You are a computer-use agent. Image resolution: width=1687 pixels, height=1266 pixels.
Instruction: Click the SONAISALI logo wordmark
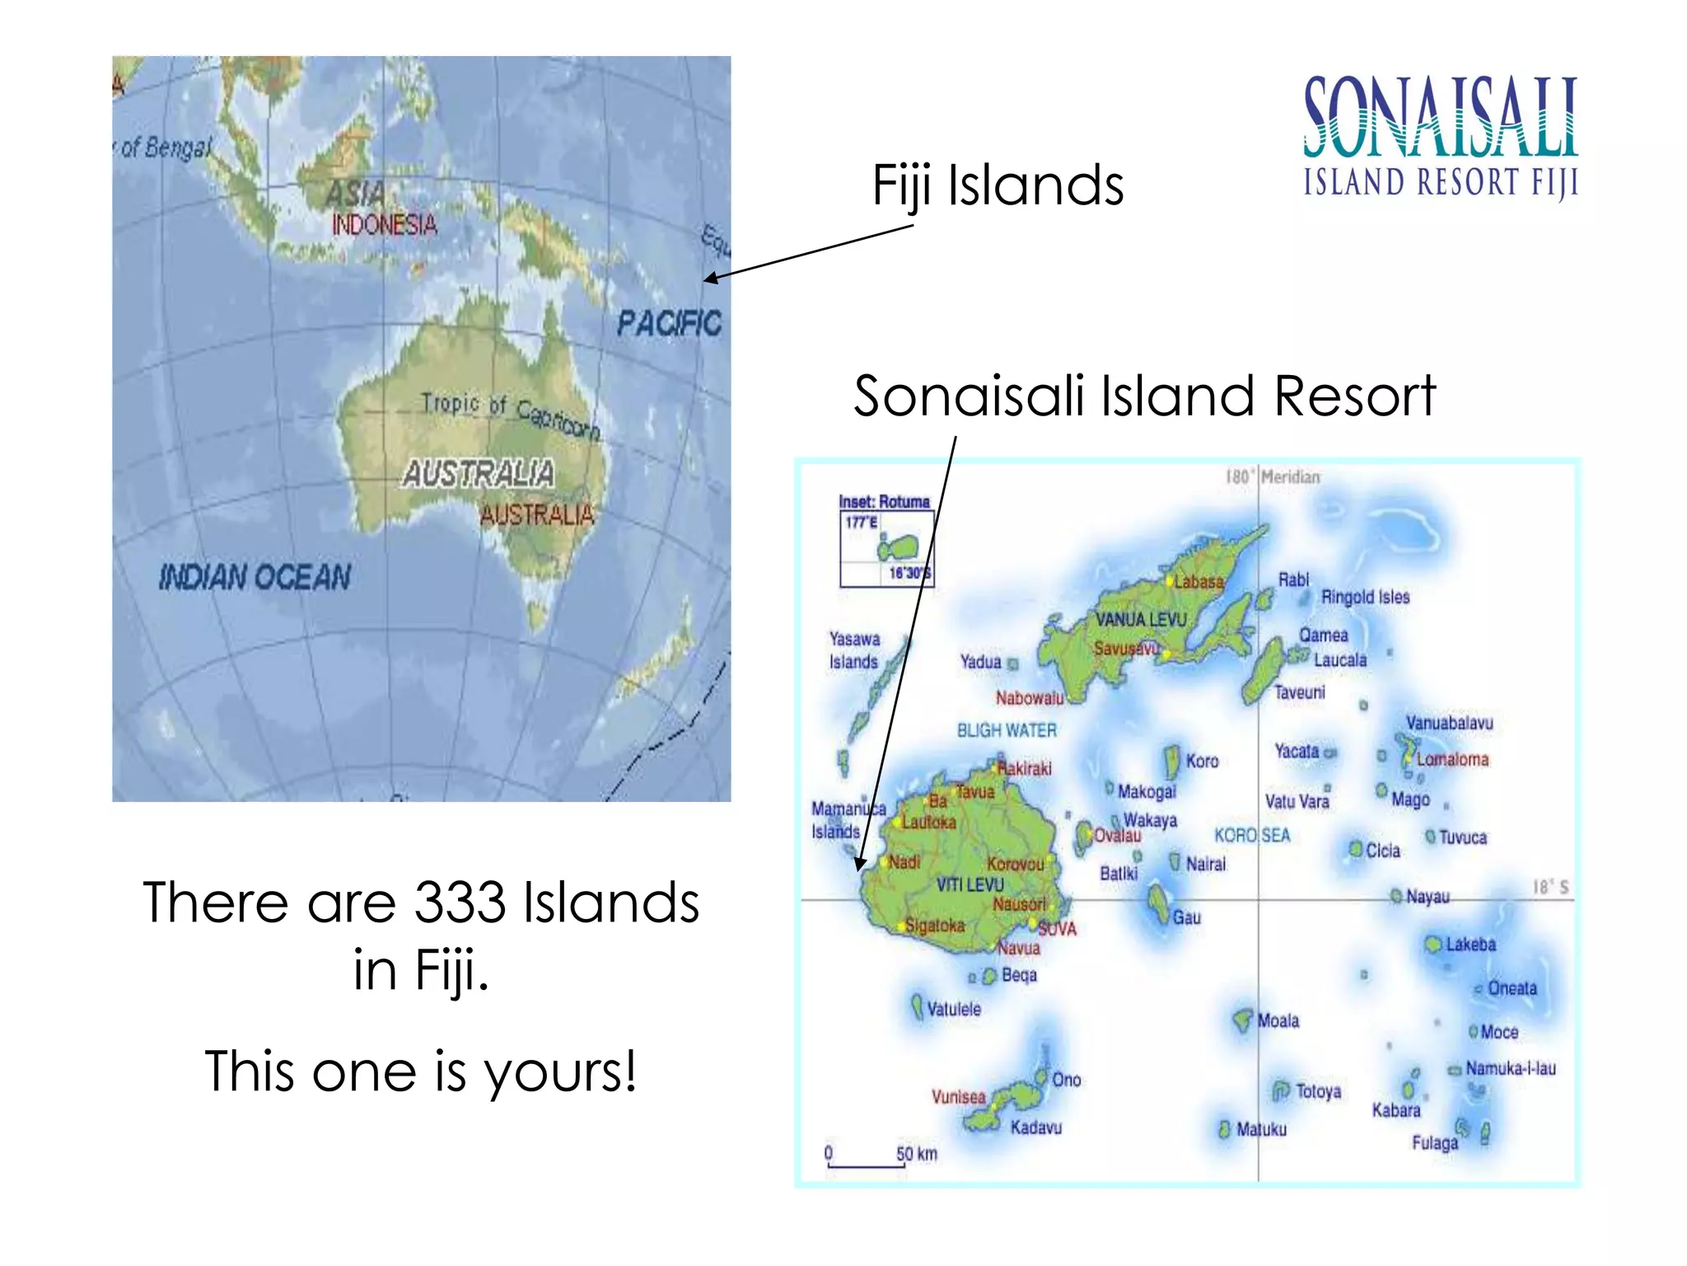[x=1440, y=117]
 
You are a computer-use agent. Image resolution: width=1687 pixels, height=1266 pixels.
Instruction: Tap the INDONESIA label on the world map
[x=384, y=224]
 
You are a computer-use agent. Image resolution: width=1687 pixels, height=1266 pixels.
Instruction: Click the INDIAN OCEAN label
[x=255, y=577]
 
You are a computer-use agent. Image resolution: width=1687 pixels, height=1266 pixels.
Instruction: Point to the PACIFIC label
[x=669, y=322]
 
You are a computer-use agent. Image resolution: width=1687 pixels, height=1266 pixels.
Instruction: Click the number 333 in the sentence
[x=459, y=903]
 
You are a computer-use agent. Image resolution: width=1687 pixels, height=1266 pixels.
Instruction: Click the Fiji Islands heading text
[x=998, y=185]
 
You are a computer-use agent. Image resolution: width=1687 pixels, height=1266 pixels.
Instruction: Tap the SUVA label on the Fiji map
[x=1057, y=929]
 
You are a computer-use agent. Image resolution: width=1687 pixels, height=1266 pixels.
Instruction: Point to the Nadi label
[x=904, y=862]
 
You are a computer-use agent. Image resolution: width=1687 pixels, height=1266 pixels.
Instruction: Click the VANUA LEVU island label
[x=1141, y=619]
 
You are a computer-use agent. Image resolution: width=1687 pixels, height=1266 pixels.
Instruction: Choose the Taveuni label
[x=1299, y=692]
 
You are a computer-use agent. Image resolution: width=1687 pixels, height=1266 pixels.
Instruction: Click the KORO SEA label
[x=1252, y=835]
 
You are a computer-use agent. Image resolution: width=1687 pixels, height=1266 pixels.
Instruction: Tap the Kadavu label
[x=1036, y=1128]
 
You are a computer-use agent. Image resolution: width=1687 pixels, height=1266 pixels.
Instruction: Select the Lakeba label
[x=1470, y=945]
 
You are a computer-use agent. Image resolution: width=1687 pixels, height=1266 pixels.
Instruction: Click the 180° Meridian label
[x=1273, y=477]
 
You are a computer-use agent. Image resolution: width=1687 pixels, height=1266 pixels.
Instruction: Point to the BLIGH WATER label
[x=1007, y=730]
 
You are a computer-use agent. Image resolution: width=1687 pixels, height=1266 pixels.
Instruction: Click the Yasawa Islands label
[x=854, y=650]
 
